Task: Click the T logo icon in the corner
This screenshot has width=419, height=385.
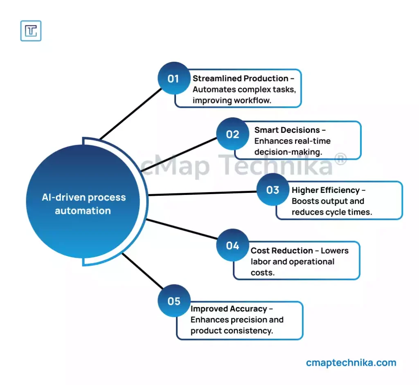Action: coord(31,31)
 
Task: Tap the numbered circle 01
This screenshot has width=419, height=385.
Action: coord(174,78)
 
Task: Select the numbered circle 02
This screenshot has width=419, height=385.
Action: coord(232,134)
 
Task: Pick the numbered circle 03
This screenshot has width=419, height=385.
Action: coord(273,190)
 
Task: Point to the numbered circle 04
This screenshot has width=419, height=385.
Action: coord(232,245)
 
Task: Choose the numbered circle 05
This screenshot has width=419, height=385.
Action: coord(174,301)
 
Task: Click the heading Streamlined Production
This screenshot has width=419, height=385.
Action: coord(241,78)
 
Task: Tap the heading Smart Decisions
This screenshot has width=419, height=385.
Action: coord(287,130)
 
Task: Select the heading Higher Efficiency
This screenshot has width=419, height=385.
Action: coord(326,190)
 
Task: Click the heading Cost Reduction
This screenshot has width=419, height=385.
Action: coord(282,251)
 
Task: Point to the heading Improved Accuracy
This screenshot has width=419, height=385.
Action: coord(229,309)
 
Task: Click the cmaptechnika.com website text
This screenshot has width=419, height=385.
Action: coord(351,363)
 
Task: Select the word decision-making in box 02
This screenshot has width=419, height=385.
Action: coord(288,152)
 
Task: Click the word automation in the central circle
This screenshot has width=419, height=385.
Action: coord(83,211)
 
